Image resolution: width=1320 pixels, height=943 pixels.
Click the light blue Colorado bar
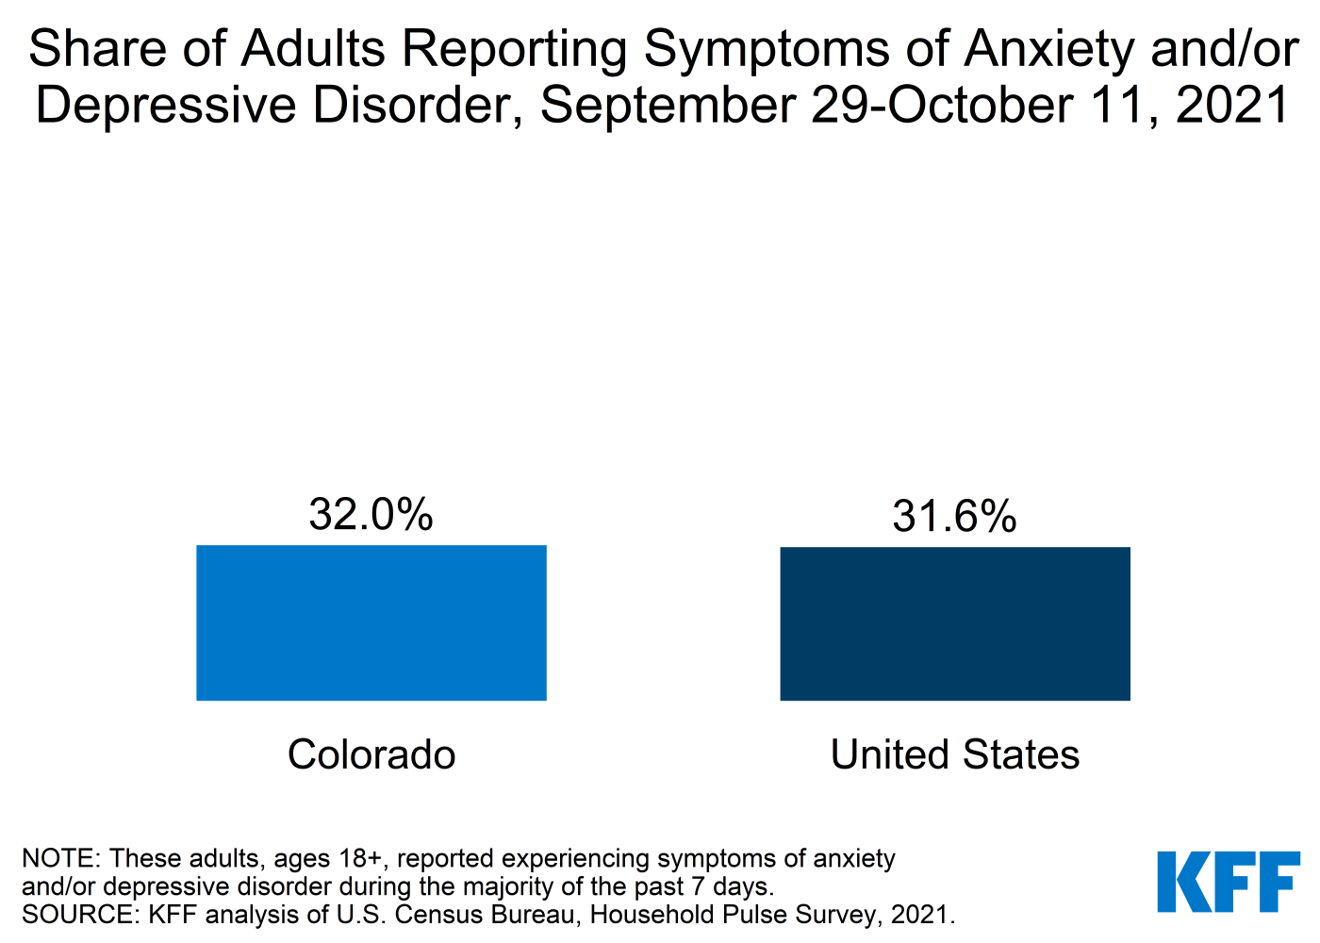point(371,622)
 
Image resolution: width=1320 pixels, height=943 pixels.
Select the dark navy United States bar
point(954,623)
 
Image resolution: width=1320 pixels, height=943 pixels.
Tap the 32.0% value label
point(371,515)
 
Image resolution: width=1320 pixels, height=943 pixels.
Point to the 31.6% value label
point(954,517)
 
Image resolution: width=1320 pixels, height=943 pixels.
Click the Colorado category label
point(371,754)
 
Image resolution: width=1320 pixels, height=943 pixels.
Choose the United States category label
point(954,754)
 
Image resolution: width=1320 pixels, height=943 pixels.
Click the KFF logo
point(1229,882)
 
